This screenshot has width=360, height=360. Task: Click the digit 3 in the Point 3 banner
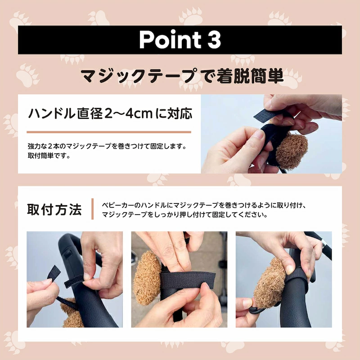(x=212, y=40)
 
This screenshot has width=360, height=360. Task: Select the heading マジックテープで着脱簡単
(x=182, y=76)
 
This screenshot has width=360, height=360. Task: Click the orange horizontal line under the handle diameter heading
(x=109, y=132)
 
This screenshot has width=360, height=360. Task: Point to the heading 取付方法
(x=54, y=209)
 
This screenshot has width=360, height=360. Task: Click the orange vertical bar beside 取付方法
(x=92, y=209)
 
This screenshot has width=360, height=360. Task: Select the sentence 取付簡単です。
(x=49, y=156)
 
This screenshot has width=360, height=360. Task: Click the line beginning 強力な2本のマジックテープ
(x=107, y=146)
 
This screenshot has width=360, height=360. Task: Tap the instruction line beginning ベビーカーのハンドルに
(x=204, y=205)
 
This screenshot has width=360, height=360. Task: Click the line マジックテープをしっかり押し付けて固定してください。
(x=184, y=215)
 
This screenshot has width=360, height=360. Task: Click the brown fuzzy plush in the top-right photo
(x=292, y=150)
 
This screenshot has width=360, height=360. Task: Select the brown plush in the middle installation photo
(x=147, y=278)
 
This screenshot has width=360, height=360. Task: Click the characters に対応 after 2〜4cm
(x=174, y=114)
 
